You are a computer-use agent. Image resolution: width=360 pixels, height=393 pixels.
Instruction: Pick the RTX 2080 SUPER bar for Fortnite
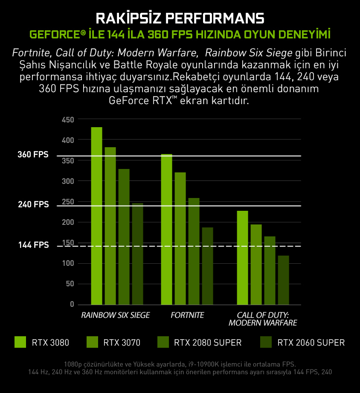194,251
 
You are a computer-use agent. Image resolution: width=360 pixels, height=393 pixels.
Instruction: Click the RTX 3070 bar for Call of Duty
256,265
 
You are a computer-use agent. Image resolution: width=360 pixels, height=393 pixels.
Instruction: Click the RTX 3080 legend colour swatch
20,342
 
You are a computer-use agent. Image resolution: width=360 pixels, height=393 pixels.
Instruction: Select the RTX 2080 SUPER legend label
208,342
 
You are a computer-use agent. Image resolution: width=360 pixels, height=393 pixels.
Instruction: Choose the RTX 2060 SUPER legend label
311,342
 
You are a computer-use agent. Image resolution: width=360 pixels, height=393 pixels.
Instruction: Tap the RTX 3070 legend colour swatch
93,342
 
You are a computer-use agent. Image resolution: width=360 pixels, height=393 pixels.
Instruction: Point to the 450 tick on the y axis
68,120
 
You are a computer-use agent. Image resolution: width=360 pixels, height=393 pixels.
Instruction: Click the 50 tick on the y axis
70,284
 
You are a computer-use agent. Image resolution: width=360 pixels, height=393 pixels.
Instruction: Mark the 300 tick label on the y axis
68,181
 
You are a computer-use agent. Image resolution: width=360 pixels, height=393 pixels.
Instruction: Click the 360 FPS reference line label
33,154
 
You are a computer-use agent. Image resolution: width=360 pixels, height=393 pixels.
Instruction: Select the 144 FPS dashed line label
33,245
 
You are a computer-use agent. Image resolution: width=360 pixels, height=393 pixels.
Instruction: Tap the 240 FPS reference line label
33,205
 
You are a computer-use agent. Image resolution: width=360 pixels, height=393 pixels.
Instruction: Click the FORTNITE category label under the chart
187,315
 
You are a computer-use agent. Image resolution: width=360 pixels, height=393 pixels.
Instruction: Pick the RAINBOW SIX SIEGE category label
115,315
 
